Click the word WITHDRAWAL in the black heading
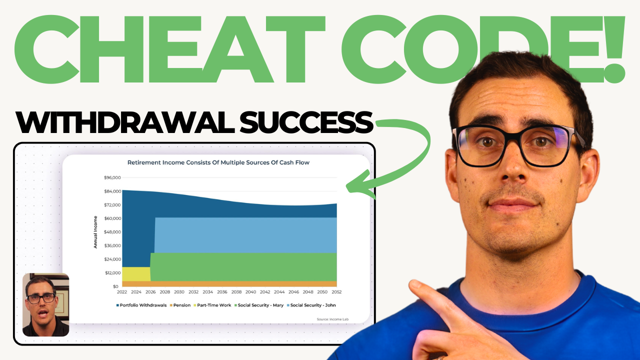(x=125, y=122)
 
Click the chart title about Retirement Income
(x=218, y=162)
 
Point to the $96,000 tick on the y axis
(x=112, y=177)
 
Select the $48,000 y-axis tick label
(x=112, y=232)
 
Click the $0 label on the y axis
(x=115, y=286)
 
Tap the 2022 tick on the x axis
(x=122, y=292)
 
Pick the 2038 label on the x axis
(x=236, y=292)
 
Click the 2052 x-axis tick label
(x=336, y=292)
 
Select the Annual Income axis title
(x=95, y=232)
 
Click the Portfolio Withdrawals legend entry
(x=141, y=305)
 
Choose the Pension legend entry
(x=180, y=305)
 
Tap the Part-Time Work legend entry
(x=212, y=305)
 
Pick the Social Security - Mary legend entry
(x=259, y=305)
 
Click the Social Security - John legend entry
(x=311, y=305)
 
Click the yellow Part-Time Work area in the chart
(x=136, y=274)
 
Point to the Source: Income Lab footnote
(x=332, y=319)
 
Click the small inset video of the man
(x=45, y=304)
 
